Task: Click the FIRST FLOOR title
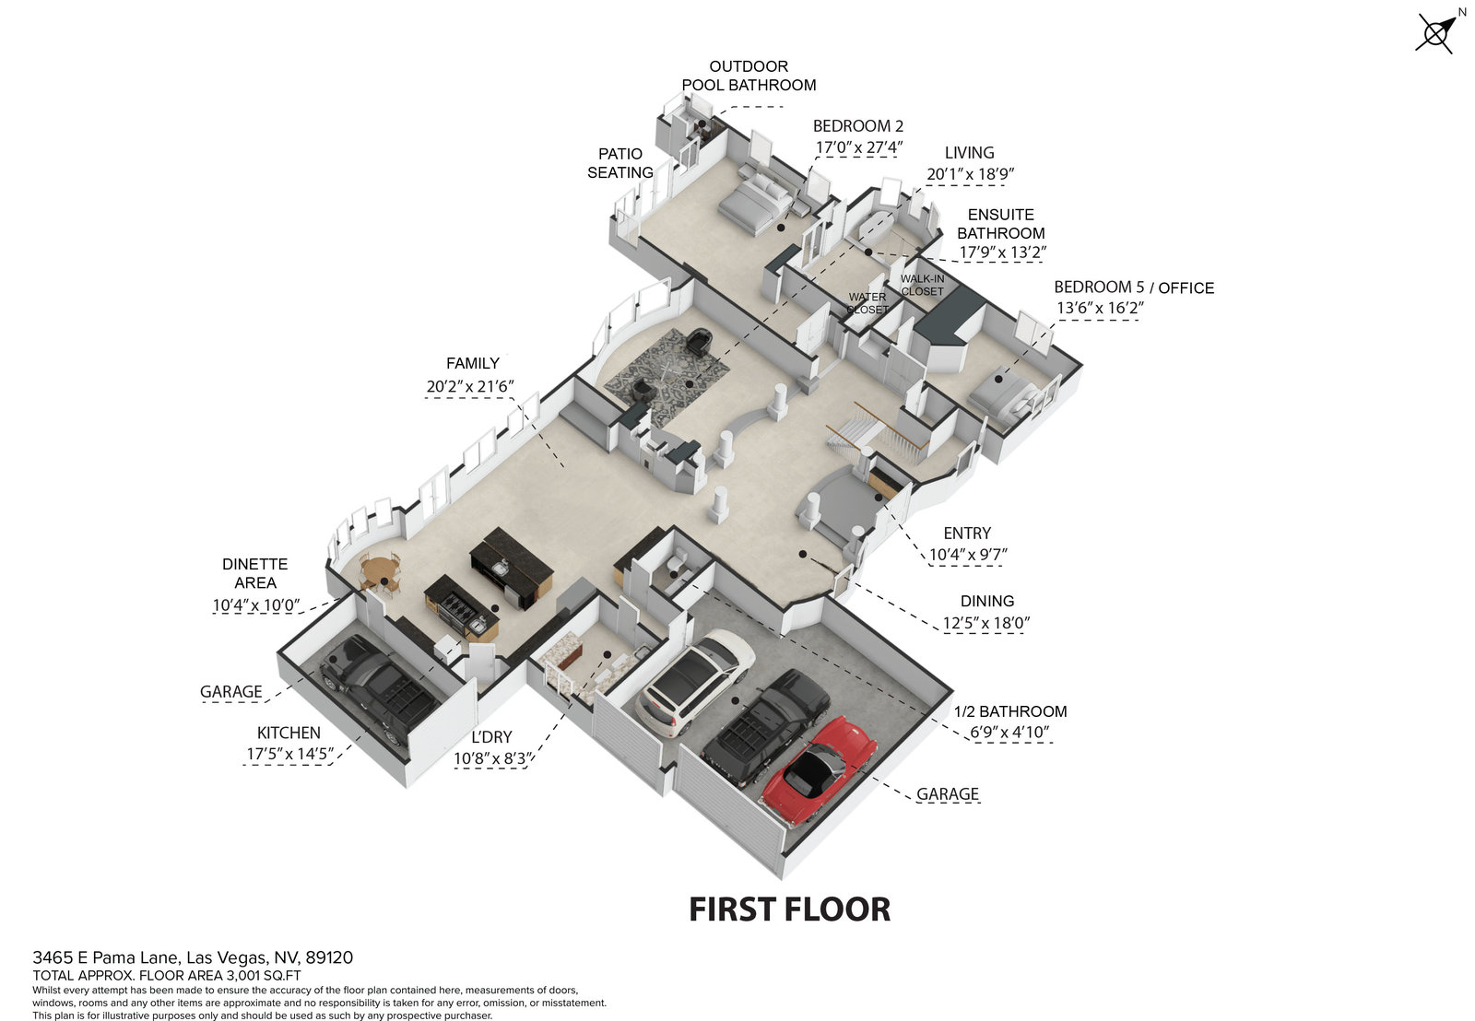[790, 910]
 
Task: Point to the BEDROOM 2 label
[858, 126]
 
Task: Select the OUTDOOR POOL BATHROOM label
[749, 76]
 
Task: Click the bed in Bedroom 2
[754, 202]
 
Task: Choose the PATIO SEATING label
[620, 163]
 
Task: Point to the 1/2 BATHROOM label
[1010, 711]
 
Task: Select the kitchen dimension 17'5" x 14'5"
[289, 754]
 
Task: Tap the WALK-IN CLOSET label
[923, 285]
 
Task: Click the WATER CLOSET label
[867, 303]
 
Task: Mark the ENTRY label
[967, 534]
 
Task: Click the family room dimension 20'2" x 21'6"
[469, 387]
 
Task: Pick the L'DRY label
[491, 737]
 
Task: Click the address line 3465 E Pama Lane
[193, 957]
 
